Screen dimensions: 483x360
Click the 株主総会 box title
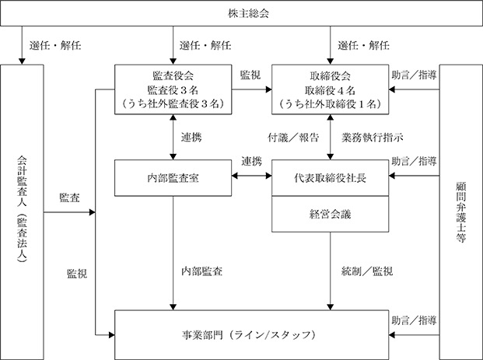(248, 13)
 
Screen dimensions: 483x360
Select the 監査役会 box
(173, 89)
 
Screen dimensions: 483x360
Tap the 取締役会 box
(331, 89)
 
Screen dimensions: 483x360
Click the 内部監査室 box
(173, 178)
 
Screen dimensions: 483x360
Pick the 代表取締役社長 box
(331, 178)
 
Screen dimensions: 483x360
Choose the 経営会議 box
(331, 214)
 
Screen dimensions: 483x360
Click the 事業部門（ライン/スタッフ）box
(252, 335)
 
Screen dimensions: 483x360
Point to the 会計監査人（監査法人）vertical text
(22, 209)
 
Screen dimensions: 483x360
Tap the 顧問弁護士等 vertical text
(460, 212)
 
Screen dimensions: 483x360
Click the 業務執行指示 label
(373, 138)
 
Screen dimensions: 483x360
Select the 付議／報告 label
(293, 138)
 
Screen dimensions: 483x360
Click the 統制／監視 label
(367, 271)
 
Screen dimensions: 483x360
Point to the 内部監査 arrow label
(201, 271)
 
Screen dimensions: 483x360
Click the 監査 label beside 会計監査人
(70, 197)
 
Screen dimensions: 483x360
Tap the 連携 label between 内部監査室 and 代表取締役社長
(252, 161)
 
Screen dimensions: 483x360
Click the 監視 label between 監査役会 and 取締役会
(250, 75)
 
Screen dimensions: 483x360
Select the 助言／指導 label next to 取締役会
(414, 75)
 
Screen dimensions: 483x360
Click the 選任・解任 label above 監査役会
(205, 46)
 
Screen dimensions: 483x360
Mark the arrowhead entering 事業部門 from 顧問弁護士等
(392, 335)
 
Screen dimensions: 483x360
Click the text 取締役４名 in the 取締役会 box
(331, 90)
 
